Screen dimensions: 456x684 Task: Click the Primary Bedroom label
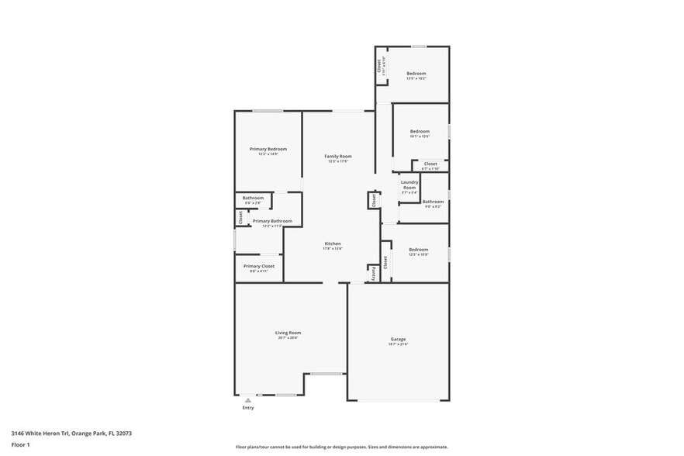click(x=268, y=149)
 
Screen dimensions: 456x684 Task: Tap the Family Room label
click(x=338, y=157)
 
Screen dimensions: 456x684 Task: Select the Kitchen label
click(x=333, y=244)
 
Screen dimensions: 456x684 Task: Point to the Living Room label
click(x=288, y=333)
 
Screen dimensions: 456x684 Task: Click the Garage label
click(x=398, y=340)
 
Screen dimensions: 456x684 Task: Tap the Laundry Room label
click(x=409, y=185)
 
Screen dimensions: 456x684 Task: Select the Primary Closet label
click(x=258, y=266)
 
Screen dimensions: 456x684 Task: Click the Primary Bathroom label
click(x=272, y=221)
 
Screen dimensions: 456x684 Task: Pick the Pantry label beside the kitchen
click(x=372, y=273)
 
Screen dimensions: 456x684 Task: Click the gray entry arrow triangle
click(x=247, y=400)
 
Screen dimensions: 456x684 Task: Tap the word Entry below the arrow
click(x=247, y=408)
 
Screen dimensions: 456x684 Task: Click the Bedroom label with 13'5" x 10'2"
click(x=416, y=74)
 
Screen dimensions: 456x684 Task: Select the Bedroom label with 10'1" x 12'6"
click(x=420, y=132)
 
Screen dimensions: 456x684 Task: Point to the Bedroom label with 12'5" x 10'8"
click(x=418, y=250)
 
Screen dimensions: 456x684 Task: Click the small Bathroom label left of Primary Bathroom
click(x=253, y=198)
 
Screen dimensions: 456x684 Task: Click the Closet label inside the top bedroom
click(x=380, y=66)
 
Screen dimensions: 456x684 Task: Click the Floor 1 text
click(x=20, y=444)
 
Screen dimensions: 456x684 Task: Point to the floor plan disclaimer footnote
click(x=341, y=447)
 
